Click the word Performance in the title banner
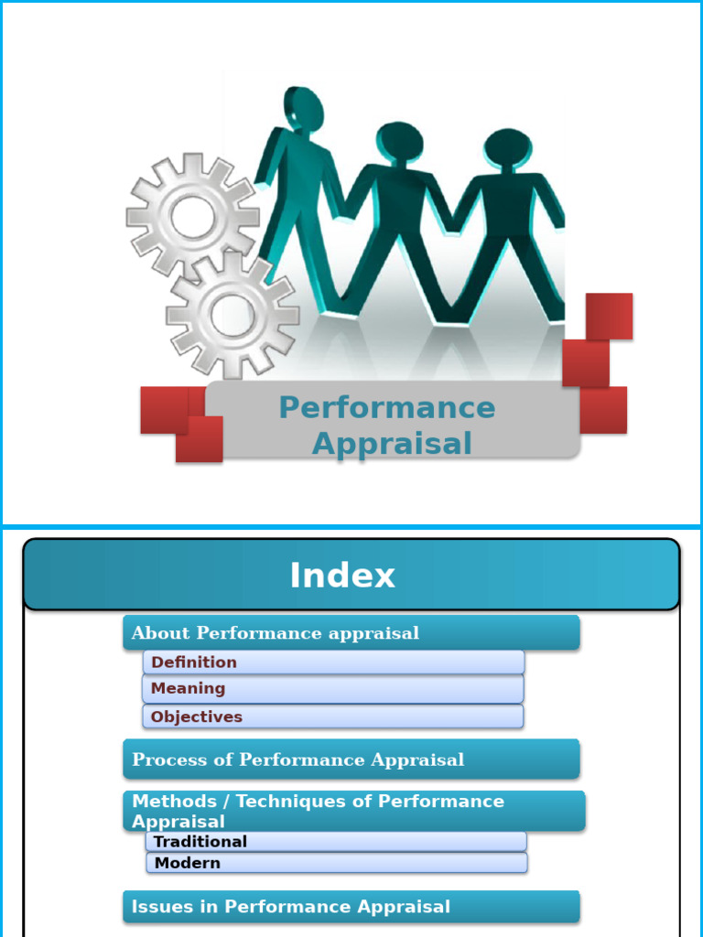coord(386,408)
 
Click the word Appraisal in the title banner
coord(392,444)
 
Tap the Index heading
coord(342,576)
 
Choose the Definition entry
coord(194,662)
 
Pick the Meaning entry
coord(188,688)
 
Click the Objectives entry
coord(197,716)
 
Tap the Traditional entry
coord(200,842)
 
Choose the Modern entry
coord(188,863)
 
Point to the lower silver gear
coord(233,314)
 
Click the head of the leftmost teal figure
coord(303,109)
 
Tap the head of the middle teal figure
coord(400,142)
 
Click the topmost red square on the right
coord(609,316)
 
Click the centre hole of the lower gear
coord(233,314)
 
